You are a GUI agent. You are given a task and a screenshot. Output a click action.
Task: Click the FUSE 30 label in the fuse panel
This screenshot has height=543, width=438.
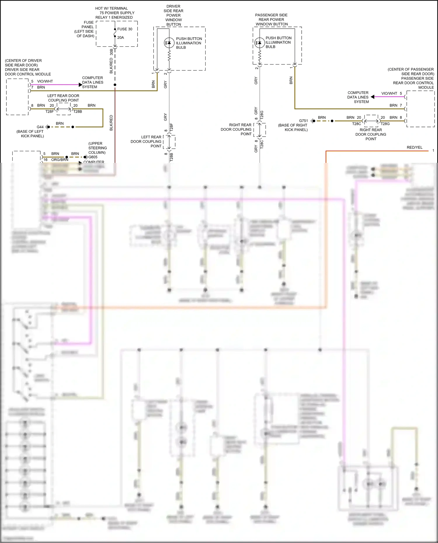(125, 29)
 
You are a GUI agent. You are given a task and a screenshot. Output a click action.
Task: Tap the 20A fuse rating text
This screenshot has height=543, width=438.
(121, 38)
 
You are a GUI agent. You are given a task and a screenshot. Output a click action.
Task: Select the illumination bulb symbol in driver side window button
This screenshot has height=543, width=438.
(169, 43)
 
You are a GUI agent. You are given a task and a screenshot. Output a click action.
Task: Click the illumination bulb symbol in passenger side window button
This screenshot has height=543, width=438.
(260, 43)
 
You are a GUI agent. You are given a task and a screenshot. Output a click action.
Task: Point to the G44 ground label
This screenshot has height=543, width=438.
(40, 127)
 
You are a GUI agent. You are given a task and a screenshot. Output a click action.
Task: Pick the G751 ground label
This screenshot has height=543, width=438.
(303, 121)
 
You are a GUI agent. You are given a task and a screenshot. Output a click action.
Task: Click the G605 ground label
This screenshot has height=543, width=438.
(93, 157)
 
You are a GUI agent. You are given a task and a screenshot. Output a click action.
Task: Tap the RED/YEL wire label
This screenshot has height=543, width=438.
(414, 147)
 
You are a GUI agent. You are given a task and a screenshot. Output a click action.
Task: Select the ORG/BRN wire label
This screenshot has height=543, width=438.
(60, 160)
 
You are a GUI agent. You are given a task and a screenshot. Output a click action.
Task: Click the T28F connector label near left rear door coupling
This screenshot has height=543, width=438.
(49, 111)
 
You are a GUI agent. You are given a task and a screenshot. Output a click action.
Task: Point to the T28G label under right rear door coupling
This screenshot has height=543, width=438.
(385, 124)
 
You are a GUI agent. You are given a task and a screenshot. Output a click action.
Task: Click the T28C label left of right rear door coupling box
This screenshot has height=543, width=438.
(357, 124)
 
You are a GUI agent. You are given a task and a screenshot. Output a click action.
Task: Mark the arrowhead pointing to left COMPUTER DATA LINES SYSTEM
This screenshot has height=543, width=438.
(80, 85)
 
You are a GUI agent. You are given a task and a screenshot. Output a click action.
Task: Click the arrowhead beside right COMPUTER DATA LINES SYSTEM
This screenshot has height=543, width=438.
(373, 97)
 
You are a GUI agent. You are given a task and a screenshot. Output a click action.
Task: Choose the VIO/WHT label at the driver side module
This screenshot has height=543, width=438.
(45, 81)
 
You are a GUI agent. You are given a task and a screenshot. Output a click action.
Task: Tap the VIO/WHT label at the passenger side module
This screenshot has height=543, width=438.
(389, 93)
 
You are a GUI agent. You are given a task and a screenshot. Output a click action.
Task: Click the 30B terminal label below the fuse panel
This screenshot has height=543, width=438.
(111, 52)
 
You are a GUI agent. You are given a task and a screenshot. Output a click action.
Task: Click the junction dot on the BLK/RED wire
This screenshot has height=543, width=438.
(115, 85)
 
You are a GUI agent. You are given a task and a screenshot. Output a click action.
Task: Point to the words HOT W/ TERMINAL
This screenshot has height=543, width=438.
(112, 8)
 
